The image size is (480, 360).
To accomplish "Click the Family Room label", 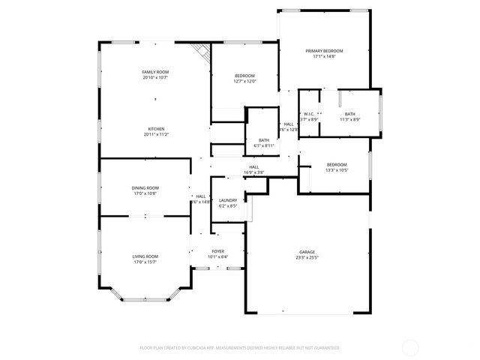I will click(155, 72).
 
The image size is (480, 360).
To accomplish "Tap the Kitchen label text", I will click(155, 129).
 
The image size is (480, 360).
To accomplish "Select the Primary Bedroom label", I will click(324, 50).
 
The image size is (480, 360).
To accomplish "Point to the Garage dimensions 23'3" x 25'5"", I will click(307, 257).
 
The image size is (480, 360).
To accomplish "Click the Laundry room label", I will click(228, 200).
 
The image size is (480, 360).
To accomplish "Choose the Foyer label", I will click(217, 251).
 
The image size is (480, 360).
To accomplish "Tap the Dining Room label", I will click(145, 188).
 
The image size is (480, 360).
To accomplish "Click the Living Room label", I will click(145, 256).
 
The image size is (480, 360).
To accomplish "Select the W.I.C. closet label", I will click(309, 114).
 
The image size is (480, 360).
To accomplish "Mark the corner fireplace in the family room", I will click(201, 51).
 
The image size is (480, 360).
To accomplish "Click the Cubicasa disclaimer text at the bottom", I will click(240, 348).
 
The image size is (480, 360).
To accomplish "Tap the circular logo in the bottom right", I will click(410, 347).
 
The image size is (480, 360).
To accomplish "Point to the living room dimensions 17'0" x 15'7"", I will click(145, 262).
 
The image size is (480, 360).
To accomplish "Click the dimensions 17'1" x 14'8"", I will click(324, 56).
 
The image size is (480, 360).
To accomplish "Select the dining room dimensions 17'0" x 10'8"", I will click(145, 193).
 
